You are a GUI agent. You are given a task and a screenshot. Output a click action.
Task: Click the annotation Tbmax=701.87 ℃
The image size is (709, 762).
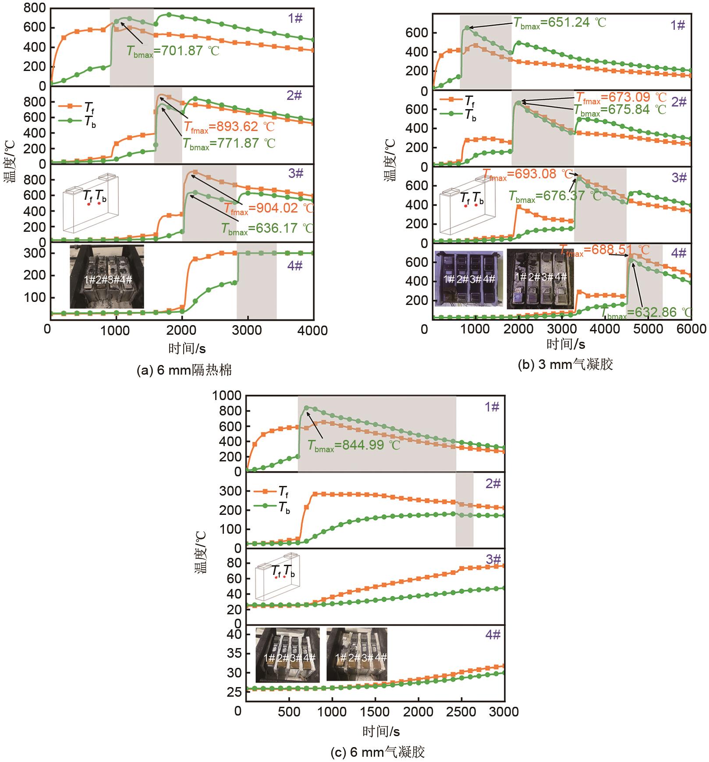coord(173,51)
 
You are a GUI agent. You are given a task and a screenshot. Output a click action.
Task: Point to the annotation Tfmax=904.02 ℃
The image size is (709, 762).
coord(269,208)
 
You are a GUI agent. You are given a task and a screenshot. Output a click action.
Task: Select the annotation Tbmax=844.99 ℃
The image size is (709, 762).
coord(354,446)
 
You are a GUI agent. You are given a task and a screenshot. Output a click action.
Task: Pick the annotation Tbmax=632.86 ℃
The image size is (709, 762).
coord(646,312)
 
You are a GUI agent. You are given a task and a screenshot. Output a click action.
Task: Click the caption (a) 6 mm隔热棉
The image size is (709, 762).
coord(184,370)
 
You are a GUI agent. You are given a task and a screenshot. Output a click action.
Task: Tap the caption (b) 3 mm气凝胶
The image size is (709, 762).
coord(565,364)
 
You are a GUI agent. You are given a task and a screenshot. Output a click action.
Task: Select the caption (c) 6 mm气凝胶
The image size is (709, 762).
coord(377,752)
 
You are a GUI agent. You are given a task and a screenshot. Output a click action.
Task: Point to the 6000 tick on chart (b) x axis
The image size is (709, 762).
coord(691,329)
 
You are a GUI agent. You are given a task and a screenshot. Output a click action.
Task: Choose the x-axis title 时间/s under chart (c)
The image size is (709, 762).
coord(381,731)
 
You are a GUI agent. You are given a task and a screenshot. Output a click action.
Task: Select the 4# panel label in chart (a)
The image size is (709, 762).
coord(295,266)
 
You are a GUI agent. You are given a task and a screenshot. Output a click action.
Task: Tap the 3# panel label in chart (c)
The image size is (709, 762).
coord(493,560)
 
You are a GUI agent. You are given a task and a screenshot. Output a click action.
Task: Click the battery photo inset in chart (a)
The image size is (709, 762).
coord(107,277)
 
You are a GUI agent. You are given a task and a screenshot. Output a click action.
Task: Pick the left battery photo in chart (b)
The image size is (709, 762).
coord(468,278)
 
